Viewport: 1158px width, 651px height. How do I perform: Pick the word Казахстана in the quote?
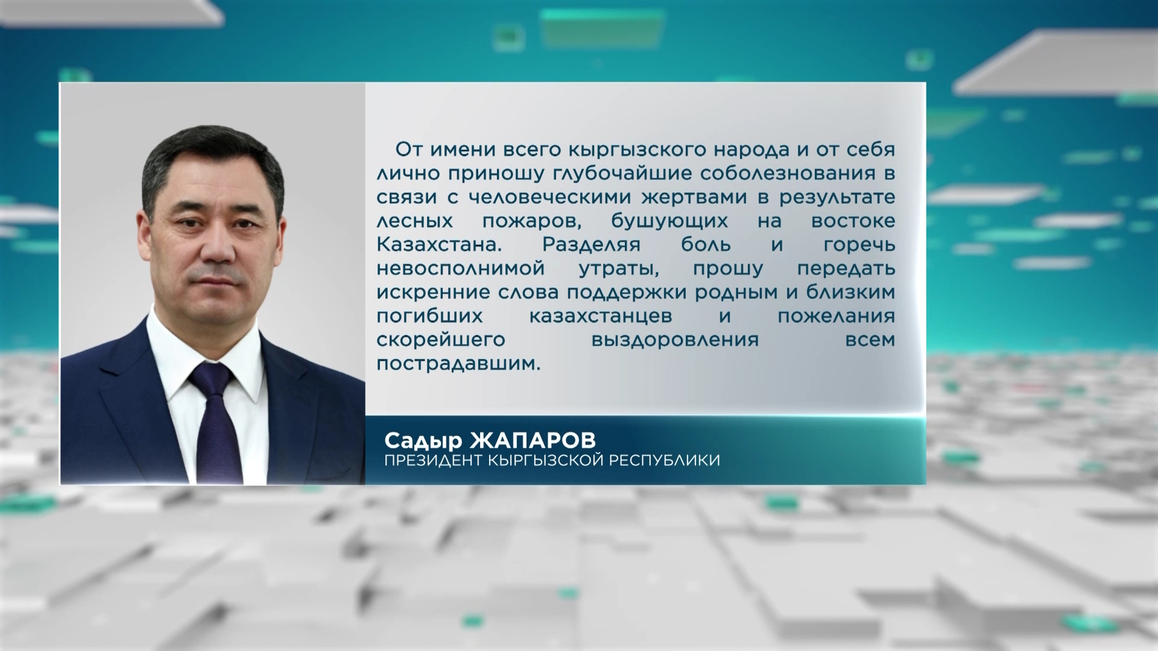[x=439, y=245]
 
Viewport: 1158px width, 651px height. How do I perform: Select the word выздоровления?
[x=675, y=340]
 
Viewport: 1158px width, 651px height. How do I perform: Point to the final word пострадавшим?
[x=458, y=363]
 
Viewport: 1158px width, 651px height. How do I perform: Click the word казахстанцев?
[x=601, y=316]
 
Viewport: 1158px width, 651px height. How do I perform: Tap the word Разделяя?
[x=591, y=245]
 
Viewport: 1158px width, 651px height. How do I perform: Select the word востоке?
[x=853, y=221]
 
